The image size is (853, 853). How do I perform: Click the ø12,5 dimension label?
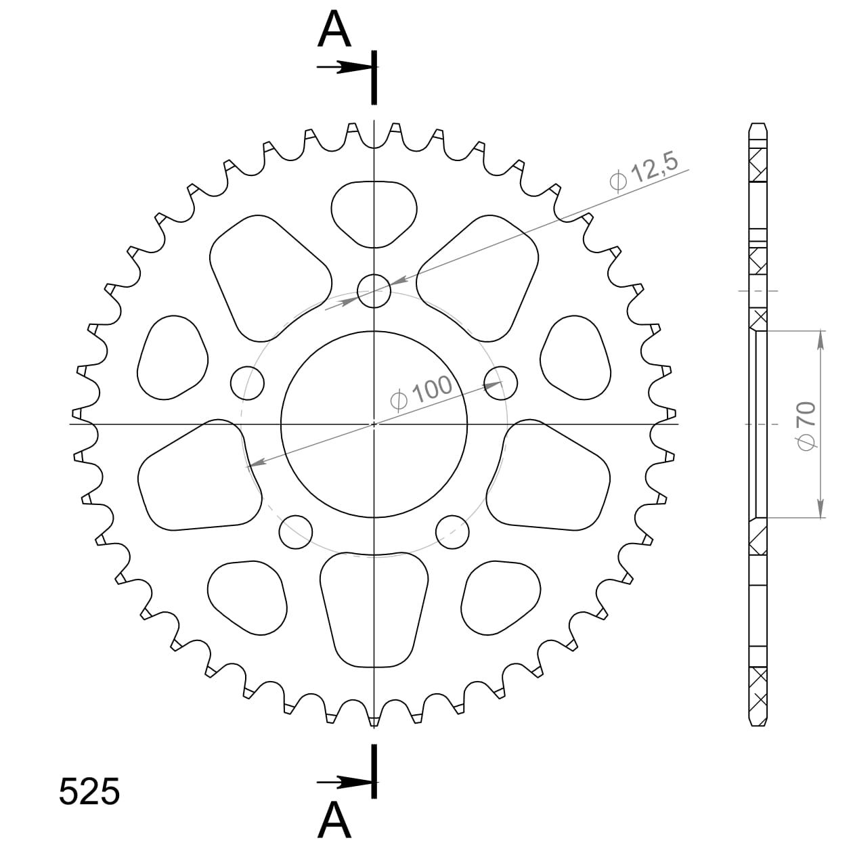click(x=643, y=172)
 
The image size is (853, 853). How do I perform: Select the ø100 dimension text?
click(x=421, y=393)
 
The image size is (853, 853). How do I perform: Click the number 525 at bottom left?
click(x=89, y=791)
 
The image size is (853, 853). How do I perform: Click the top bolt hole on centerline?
click(x=374, y=291)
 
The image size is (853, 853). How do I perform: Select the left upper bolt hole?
click(x=248, y=383)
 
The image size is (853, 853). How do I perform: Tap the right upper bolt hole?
click(x=501, y=383)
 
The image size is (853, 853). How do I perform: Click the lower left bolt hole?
click(x=296, y=531)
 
